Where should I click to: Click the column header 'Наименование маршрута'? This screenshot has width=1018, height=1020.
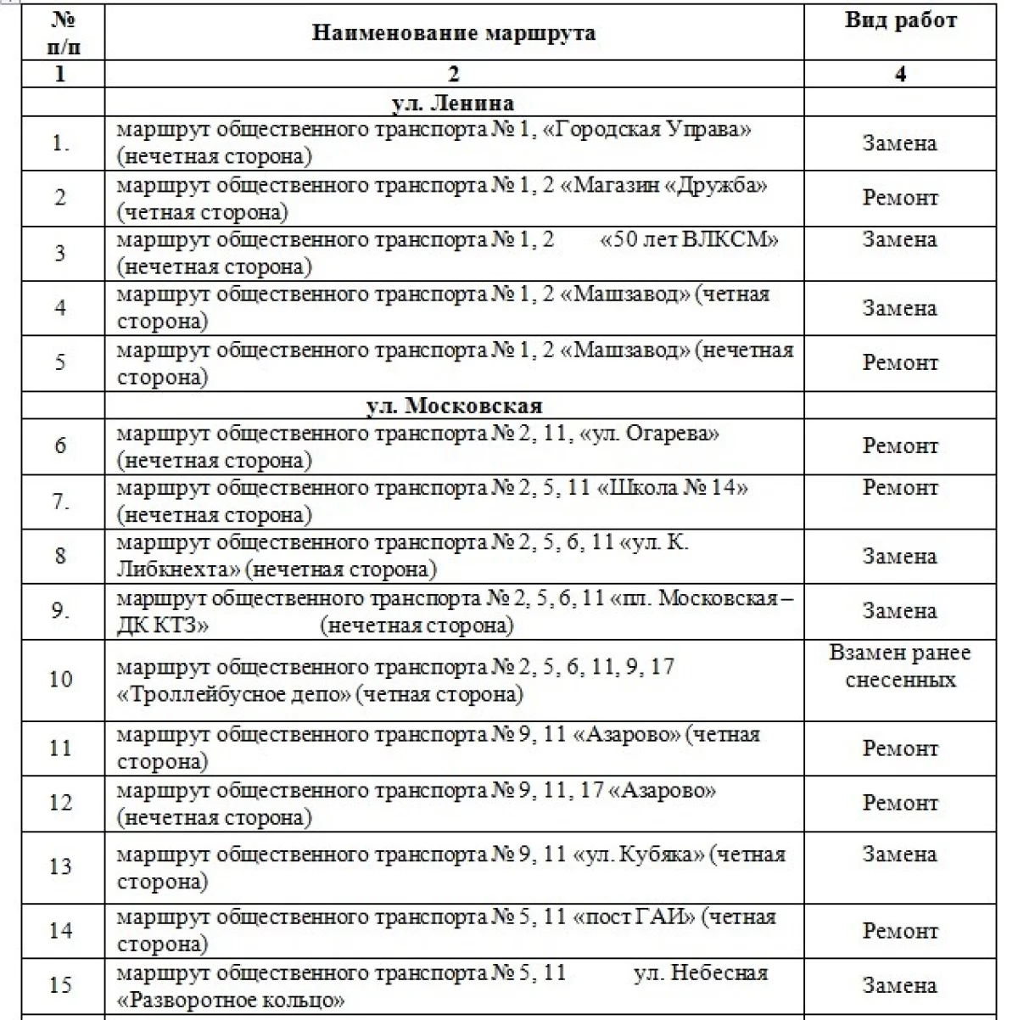coord(453,33)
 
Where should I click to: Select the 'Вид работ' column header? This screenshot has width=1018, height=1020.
coord(900,20)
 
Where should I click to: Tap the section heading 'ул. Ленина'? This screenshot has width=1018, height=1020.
coord(453,103)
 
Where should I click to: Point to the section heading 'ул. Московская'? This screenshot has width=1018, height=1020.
coord(453,405)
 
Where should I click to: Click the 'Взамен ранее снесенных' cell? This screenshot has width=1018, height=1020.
coord(900,666)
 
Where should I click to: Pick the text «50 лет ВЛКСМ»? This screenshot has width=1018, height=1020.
coord(689,240)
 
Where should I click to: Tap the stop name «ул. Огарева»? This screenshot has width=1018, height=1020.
coord(650,434)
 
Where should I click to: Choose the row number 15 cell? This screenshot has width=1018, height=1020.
coord(61,985)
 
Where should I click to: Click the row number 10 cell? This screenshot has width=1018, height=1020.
coord(61,680)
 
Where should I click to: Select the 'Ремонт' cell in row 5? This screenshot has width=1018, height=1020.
coord(900,362)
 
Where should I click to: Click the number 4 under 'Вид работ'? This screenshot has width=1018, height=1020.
coord(900,74)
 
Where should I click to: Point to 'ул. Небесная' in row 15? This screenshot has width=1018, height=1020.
coord(700,972)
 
